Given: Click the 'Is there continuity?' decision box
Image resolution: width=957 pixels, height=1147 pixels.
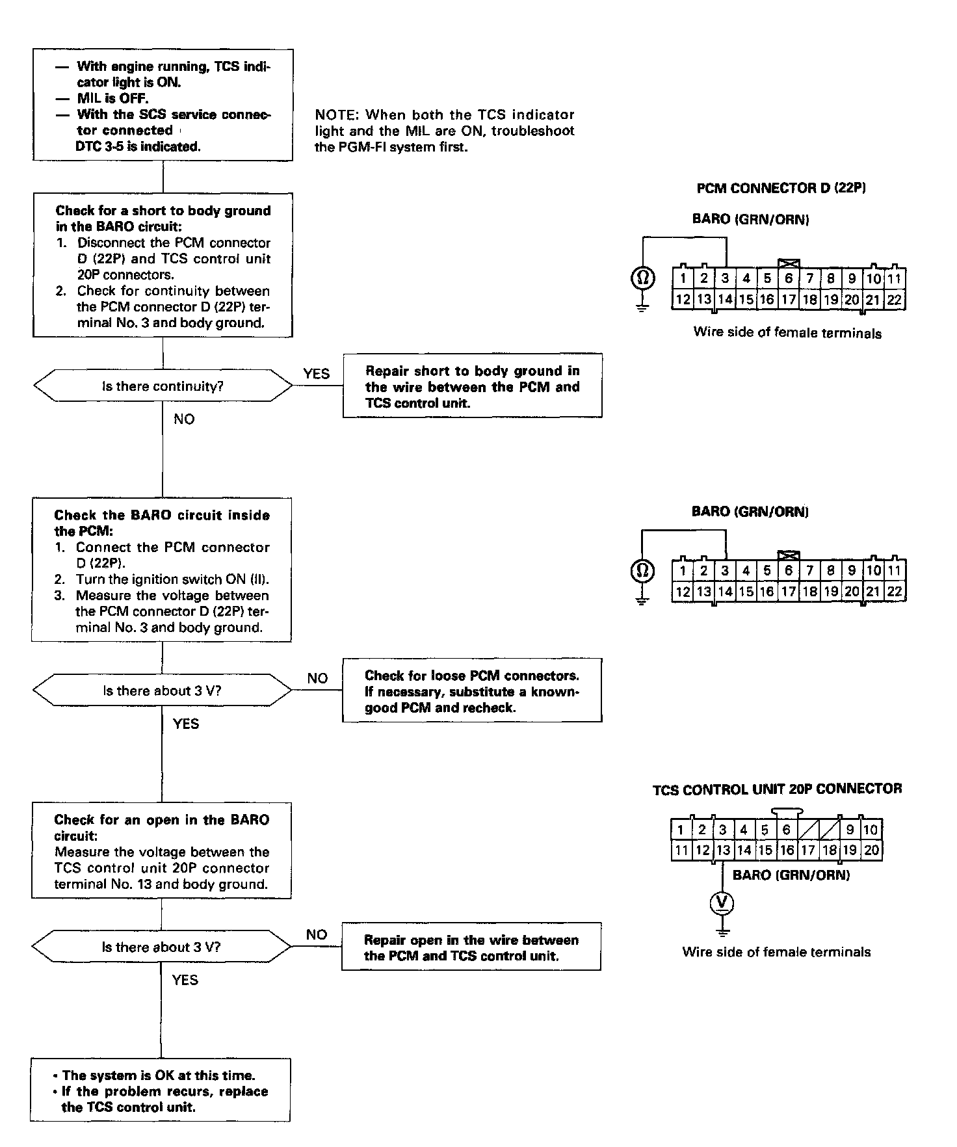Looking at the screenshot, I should pyautogui.click(x=163, y=386).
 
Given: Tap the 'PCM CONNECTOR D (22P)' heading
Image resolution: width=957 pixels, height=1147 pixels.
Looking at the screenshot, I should pyautogui.click(x=781, y=188).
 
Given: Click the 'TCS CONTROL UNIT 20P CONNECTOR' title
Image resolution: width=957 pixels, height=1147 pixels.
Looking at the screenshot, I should pyautogui.click(x=777, y=789).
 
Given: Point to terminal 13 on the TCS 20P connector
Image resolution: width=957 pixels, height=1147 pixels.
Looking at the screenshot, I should pyautogui.click(x=723, y=850).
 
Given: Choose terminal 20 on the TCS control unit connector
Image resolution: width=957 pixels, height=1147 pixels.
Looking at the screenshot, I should pyautogui.click(x=871, y=850).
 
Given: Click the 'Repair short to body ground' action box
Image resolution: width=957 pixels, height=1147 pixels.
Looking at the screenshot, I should pyautogui.click(x=472, y=386).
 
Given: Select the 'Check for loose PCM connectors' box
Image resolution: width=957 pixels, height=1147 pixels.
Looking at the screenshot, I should pyautogui.click(x=471, y=691).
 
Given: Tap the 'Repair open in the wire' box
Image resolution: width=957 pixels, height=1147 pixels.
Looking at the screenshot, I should pyautogui.click(x=471, y=947).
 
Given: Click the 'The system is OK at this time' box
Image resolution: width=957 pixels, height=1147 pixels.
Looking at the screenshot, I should pyautogui.click(x=160, y=1091).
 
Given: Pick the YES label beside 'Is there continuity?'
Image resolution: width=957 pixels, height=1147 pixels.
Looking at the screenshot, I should pyautogui.click(x=316, y=374).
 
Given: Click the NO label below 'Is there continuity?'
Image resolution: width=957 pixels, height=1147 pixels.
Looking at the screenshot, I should pyautogui.click(x=184, y=419).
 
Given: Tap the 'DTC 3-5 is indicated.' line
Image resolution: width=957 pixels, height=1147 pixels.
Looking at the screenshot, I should pyautogui.click(x=138, y=146).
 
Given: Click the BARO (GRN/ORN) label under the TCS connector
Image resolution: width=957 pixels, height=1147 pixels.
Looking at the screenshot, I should pyautogui.click(x=791, y=875).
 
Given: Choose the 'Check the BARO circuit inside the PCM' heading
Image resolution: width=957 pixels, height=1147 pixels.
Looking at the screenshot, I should pyautogui.click(x=161, y=523).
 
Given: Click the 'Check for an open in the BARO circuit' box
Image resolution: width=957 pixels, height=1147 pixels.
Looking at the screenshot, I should pyautogui.click(x=161, y=850).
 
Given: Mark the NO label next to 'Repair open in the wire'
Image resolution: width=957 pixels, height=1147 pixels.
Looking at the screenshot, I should pyautogui.click(x=316, y=934).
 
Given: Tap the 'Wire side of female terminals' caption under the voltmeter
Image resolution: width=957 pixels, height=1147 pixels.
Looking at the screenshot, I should pyautogui.click(x=776, y=952).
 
